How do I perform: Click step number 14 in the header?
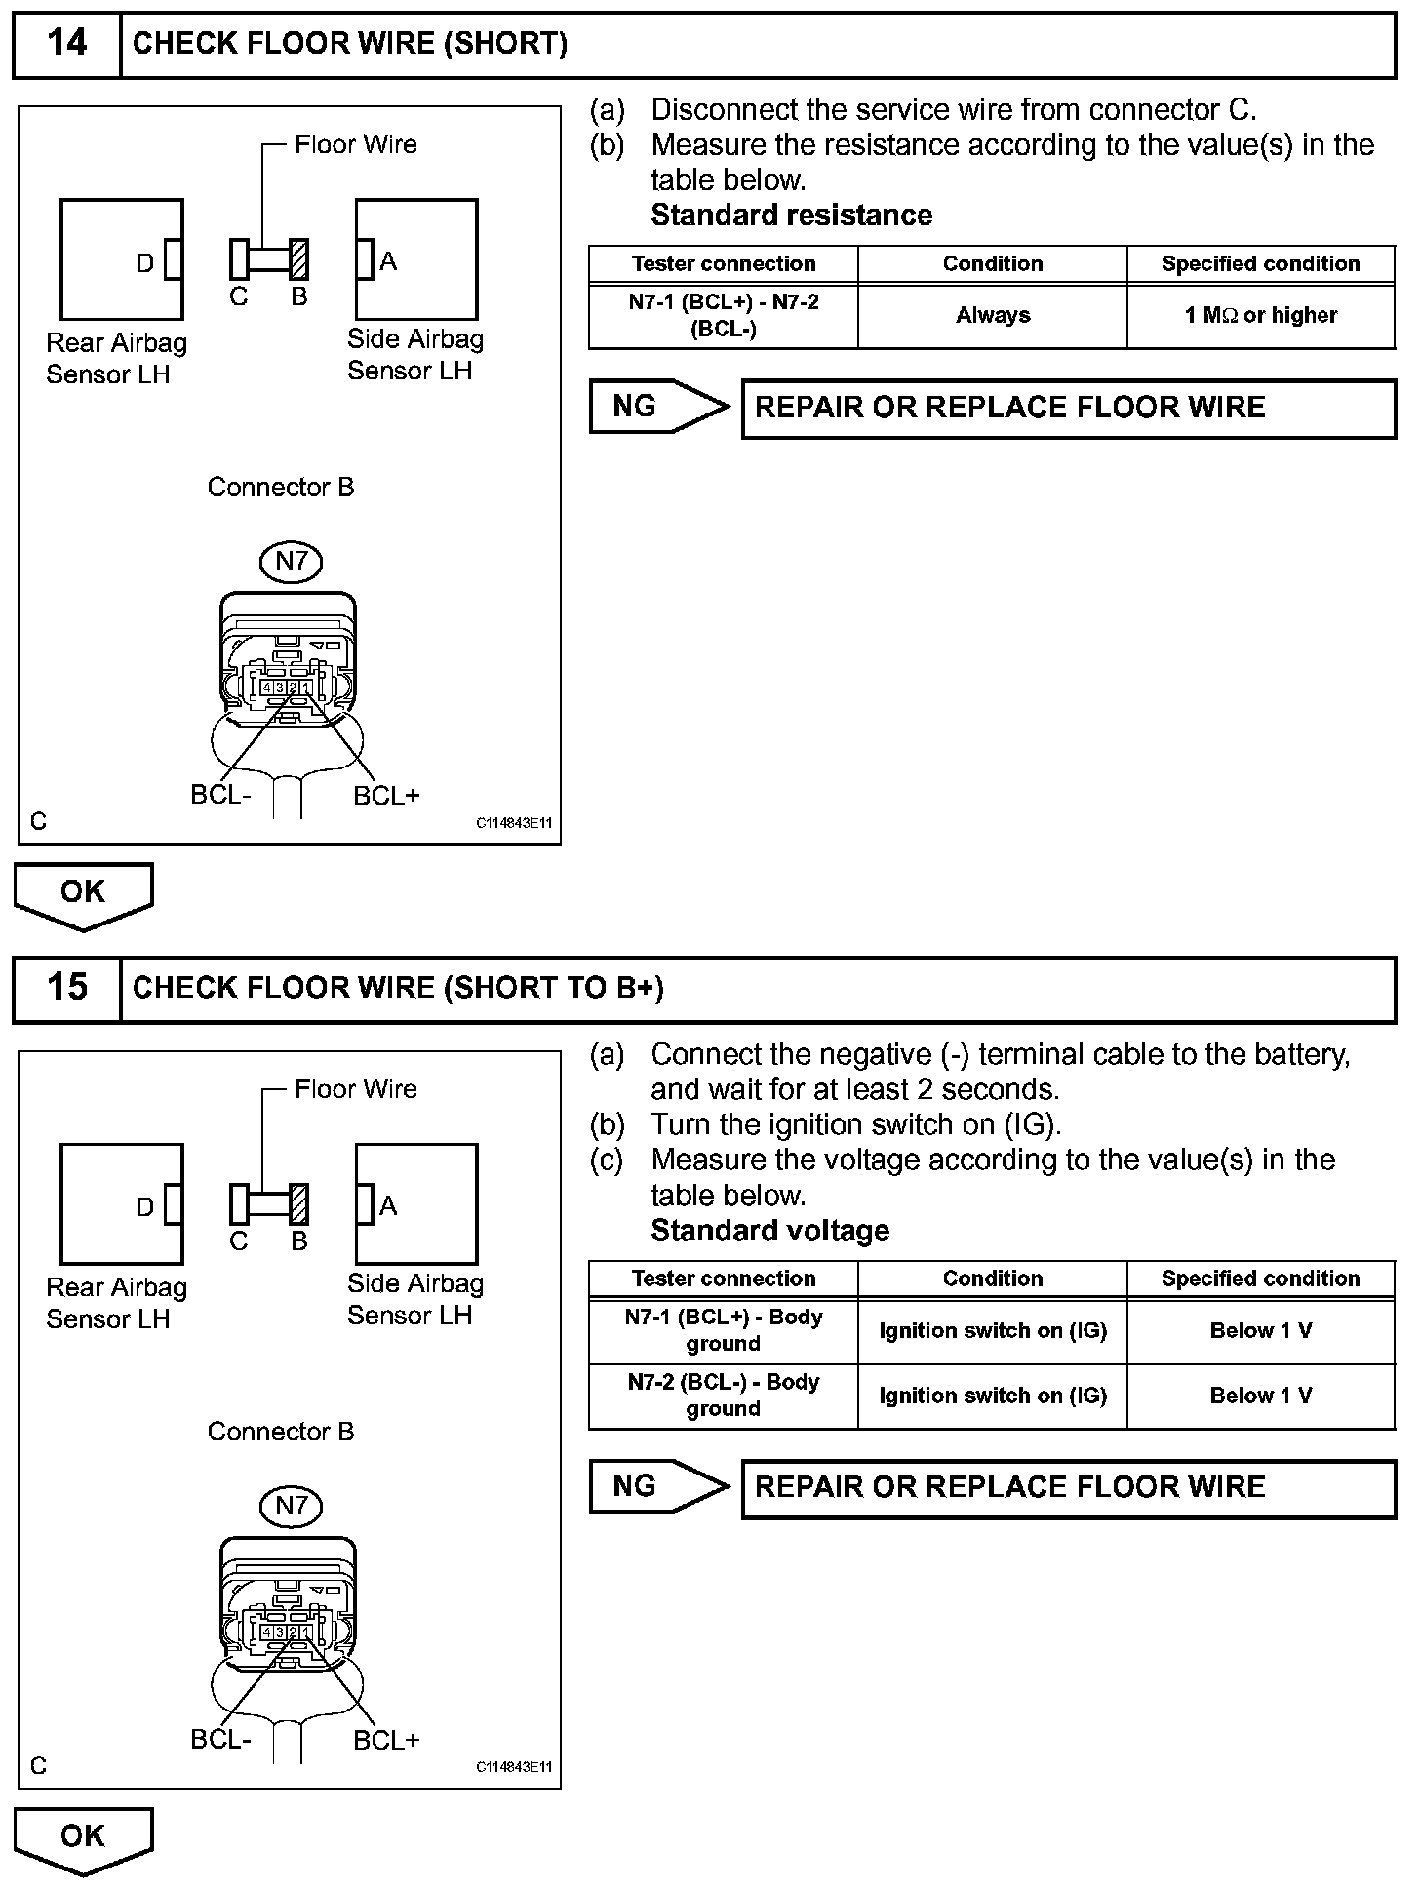(66, 44)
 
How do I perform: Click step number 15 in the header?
(66, 988)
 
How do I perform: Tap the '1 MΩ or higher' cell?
(1260, 316)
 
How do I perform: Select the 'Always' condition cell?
(992, 316)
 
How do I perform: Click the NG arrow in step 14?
(658, 407)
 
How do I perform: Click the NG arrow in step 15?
(658, 1486)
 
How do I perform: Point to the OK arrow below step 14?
(83, 893)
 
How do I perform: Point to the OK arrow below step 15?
(83, 1837)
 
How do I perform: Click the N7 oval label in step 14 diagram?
(292, 561)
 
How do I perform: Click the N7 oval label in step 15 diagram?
(292, 1505)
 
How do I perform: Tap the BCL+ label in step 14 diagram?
(386, 796)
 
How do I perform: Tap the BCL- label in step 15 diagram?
(220, 1740)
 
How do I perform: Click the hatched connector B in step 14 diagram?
(299, 259)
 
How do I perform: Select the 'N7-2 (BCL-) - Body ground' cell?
(723, 1396)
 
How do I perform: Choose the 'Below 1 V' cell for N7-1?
(1260, 1331)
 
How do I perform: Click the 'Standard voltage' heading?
(769, 1231)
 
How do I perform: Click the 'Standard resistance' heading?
(791, 215)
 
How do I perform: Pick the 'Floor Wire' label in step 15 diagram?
(355, 1089)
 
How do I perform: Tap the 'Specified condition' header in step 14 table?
(1260, 264)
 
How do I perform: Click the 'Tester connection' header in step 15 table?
(723, 1278)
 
